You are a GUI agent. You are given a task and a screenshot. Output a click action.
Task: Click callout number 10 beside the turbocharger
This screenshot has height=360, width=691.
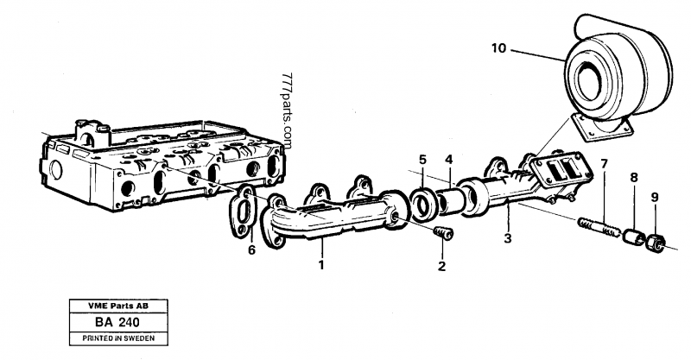coord(498,49)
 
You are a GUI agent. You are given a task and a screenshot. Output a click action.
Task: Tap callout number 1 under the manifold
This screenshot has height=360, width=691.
coord(320,264)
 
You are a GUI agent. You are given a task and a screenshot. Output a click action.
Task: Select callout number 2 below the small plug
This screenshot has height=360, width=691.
coord(441,266)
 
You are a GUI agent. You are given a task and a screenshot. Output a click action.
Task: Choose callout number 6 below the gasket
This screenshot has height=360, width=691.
coord(251,249)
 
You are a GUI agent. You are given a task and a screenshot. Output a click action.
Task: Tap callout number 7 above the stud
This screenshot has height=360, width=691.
coord(605,164)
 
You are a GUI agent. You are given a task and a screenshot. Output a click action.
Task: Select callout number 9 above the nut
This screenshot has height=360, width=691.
coord(654,197)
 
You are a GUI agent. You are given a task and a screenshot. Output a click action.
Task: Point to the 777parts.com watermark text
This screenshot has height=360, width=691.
coord(287,108)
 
